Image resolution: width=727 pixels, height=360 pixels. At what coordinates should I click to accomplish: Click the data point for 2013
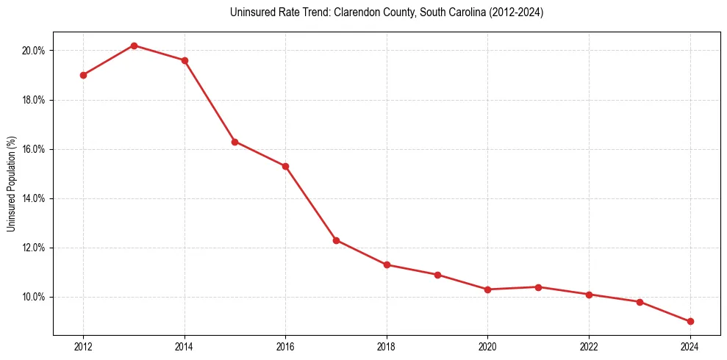134,46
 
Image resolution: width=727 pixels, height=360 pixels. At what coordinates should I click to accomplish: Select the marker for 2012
83,75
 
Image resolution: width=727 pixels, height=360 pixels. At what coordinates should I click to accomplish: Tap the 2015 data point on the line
234,142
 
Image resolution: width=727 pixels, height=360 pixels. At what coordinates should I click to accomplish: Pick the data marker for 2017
336,240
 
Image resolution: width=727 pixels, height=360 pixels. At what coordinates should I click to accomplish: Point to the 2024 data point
690,322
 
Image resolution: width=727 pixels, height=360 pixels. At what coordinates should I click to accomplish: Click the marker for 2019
437,275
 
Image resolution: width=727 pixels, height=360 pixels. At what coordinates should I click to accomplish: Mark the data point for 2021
538,287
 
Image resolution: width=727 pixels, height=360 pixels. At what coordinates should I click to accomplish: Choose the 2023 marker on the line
640,302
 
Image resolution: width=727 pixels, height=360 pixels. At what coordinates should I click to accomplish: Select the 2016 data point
285,166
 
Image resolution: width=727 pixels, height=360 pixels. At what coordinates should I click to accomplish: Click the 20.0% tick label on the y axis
35,51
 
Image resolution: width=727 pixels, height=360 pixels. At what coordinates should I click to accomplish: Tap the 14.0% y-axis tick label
35,198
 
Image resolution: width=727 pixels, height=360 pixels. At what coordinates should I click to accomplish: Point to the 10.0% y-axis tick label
35,297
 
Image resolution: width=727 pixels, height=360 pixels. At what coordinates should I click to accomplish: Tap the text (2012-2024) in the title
515,13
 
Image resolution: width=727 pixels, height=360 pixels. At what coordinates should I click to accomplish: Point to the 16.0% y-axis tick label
35,149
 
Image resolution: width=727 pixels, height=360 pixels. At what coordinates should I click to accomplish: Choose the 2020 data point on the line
488,289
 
